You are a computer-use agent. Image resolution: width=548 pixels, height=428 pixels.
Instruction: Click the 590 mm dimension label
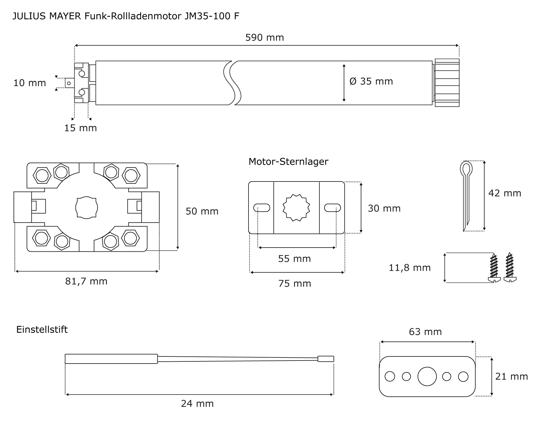click(x=264, y=38)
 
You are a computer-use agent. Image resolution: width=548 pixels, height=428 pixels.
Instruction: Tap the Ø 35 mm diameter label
click(x=371, y=81)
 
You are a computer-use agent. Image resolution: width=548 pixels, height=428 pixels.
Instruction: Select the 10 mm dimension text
click(x=30, y=83)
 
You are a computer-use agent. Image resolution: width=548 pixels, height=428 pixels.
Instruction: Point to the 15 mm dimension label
click(x=80, y=128)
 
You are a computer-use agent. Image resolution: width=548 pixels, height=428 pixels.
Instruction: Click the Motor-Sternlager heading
click(x=288, y=161)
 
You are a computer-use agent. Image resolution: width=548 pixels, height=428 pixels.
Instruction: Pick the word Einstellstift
click(x=42, y=329)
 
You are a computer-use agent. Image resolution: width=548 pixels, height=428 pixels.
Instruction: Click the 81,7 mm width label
click(x=86, y=281)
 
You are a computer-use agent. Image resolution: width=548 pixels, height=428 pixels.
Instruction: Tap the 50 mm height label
click(x=202, y=211)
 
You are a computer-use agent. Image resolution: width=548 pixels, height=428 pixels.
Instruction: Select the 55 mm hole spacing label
click(x=294, y=259)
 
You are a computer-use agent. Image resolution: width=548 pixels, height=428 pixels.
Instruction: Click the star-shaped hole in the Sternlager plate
click(x=296, y=208)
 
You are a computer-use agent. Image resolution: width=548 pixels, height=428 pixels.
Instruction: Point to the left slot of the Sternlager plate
click(x=262, y=208)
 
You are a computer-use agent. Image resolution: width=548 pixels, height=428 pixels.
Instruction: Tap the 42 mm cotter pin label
click(x=504, y=193)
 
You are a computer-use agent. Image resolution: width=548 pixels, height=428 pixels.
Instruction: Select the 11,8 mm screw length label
click(x=410, y=268)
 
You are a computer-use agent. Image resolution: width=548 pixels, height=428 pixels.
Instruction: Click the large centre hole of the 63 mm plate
click(x=427, y=376)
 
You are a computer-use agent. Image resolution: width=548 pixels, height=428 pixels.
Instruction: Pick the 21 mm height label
click(x=511, y=376)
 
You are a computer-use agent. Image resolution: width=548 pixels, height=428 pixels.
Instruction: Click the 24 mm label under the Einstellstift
click(x=197, y=404)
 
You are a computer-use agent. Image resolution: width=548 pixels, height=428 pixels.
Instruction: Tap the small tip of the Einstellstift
click(x=326, y=359)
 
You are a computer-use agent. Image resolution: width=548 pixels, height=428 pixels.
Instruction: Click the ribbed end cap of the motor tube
click(x=447, y=83)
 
